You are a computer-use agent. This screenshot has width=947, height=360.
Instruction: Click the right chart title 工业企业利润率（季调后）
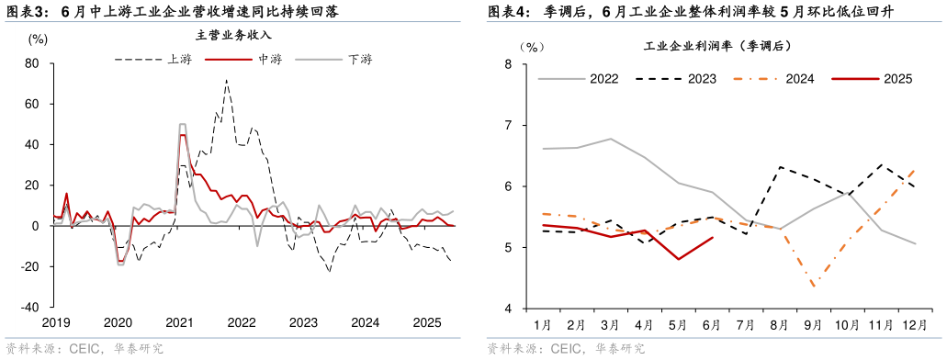(x=716, y=45)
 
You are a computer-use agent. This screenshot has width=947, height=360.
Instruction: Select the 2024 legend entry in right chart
(x=800, y=79)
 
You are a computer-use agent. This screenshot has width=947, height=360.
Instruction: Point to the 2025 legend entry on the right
(x=897, y=79)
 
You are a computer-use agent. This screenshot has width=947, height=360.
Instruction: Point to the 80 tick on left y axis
(x=31, y=64)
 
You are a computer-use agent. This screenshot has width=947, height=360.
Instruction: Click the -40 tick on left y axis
(x=28, y=307)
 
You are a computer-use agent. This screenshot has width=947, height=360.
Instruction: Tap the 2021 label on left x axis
(x=179, y=322)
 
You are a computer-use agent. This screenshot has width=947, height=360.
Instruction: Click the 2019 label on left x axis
(x=55, y=322)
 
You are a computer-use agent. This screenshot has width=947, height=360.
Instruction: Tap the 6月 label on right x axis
(x=712, y=324)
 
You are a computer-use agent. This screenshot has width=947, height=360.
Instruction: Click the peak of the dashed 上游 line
(x=227, y=80)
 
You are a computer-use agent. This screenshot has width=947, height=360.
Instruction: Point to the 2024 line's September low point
(x=814, y=287)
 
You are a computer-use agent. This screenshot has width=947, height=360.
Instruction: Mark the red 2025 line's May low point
(x=678, y=259)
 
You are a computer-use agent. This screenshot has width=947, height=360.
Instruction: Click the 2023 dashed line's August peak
(x=780, y=167)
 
